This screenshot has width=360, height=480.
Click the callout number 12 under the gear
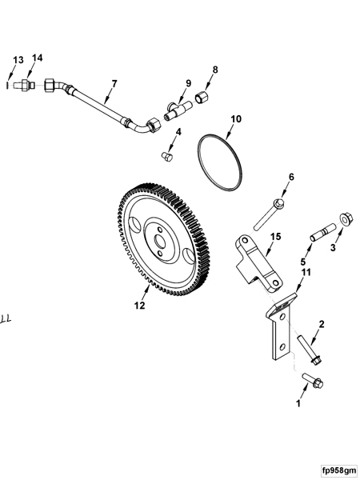pyautogui.click(x=139, y=305)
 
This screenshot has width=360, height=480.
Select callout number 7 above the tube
pyautogui.click(x=114, y=83)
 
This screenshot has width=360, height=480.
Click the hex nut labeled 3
pyautogui.click(x=345, y=218)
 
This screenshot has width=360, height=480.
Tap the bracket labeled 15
pyautogui.click(x=258, y=262)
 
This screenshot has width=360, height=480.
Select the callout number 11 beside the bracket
pyautogui.click(x=304, y=273)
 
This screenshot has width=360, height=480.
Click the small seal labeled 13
pyautogui.click(x=7, y=82)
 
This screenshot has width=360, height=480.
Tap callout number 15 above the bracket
pyautogui.click(x=274, y=236)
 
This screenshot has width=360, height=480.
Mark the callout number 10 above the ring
pyautogui.click(x=235, y=119)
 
